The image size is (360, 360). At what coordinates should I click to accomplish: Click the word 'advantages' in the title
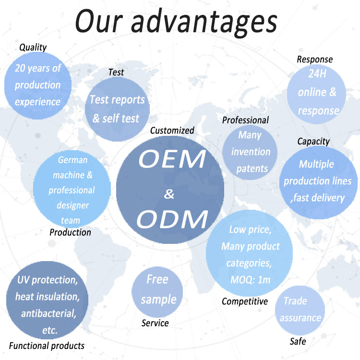[x=204, y=23]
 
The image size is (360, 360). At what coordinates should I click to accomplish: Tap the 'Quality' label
[x=33, y=48]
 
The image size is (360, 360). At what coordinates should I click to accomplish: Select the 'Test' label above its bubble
[x=116, y=72]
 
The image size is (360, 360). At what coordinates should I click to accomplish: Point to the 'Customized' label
[x=172, y=131]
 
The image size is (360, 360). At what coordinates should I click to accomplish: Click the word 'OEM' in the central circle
[x=172, y=159]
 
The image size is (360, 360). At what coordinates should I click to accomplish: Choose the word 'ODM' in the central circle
[x=172, y=219]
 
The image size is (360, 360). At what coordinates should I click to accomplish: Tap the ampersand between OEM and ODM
[x=169, y=194]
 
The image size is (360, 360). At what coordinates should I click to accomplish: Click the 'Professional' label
[x=245, y=120]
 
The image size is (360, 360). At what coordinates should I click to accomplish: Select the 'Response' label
[x=315, y=60]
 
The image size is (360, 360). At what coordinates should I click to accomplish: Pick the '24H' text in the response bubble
[x=317, y=74]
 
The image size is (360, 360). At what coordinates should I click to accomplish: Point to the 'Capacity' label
[x=313, y=142]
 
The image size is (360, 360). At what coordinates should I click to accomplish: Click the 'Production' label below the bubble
[x=70, y=232]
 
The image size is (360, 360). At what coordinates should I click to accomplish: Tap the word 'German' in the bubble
[x=73, y=160]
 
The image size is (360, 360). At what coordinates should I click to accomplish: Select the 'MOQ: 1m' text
[x=251, y=280]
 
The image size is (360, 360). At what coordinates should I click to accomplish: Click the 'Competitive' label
[x=245, y=301]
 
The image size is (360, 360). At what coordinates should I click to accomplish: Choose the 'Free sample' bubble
[x=157, y=292]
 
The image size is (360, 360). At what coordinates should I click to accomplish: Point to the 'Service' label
[x=155, y=323]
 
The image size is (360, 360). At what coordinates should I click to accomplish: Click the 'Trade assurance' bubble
[x=300, y=311]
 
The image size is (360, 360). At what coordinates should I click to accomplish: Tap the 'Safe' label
[x=298, y=341]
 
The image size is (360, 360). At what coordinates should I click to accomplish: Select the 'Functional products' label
[x=47, y=346]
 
